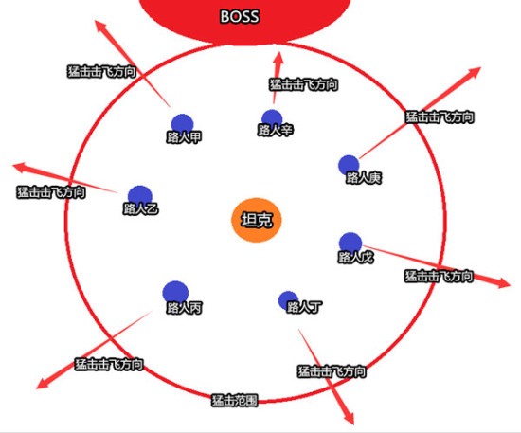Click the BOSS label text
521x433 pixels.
(240, 16)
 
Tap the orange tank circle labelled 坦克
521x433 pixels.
(256, 220)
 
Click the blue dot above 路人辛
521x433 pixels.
(272, 119)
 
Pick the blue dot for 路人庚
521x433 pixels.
(349, 165)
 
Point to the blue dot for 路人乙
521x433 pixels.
(140, 197)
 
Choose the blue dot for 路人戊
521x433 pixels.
(350, 244)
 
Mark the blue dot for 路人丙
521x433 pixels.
(175, 294)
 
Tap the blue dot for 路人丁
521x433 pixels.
(288, 301)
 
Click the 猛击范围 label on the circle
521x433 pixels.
(235, 400)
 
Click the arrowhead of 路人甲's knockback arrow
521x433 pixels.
(100, 26)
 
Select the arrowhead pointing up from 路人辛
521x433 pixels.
(278, 58)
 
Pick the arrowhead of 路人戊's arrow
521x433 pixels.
(503, 282)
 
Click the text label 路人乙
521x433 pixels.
(140, 209)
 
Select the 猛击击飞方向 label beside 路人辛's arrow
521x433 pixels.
(304, 84)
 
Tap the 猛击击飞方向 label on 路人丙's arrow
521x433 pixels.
(109, 364)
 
